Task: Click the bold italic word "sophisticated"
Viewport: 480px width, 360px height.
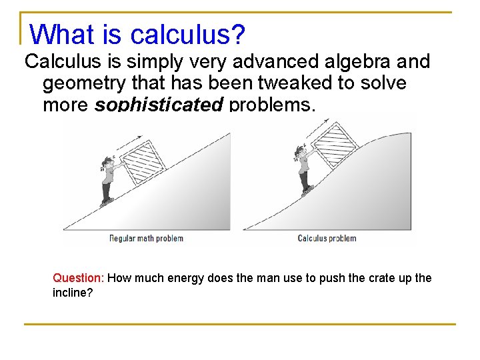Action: coord(159,105)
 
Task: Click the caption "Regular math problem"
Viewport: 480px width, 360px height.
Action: coord(146,238)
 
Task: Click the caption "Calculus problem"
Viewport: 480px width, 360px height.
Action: coord(327,238)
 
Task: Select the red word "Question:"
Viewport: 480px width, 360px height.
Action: coord(78,278)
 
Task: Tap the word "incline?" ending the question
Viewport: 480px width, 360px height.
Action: coord(73,293)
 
